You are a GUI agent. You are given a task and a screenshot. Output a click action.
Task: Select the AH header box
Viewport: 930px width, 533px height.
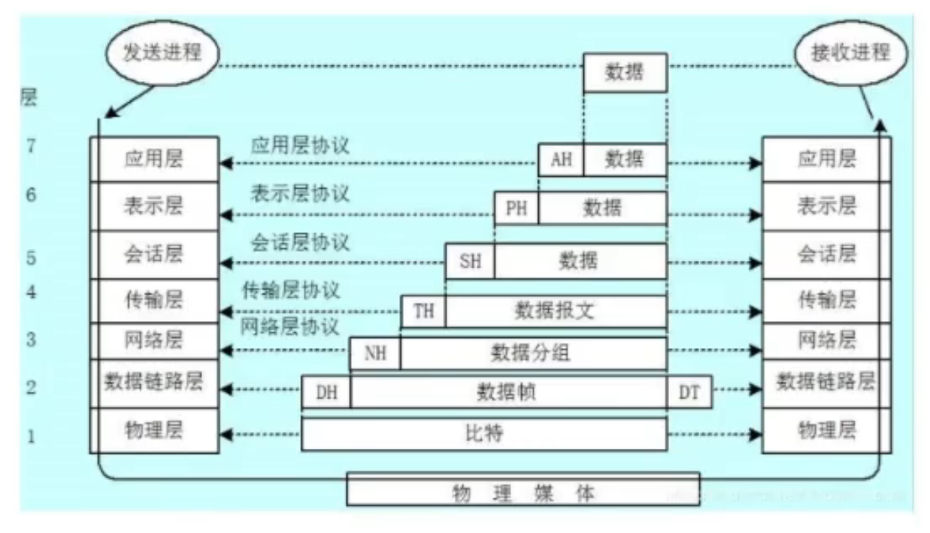pyautogui.click(x=561, y=159)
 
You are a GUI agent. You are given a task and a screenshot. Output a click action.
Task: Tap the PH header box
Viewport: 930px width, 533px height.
pyautogui.click(x=516, y=208)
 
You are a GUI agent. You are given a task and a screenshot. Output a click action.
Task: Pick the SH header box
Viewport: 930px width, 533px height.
pyautogui.click(x=469, y=261)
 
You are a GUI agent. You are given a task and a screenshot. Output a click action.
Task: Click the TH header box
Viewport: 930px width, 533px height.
pyautogui.click(x=423, y=311)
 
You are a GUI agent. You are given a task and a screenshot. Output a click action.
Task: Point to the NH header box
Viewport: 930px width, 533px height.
pyautogui.click(x=374, y=353)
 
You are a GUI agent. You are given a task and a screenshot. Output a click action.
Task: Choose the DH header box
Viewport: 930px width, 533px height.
pyautogui.click(x=326, y=392)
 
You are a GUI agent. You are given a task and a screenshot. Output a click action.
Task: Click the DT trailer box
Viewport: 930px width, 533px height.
pyautogui.click(x=689, y=392)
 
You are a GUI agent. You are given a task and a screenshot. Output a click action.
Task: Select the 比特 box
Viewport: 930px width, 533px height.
pyautogui.click(x=484, y=434)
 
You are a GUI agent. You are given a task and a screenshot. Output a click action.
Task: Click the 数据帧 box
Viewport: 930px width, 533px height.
pyautogui.click(x=508, y=392)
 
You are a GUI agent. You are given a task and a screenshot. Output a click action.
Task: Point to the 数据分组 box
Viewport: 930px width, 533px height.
pyautogui.click(x=532, y=353)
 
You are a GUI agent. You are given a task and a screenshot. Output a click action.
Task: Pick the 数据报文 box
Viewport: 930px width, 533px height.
pyautogui.click(x=555, y=311)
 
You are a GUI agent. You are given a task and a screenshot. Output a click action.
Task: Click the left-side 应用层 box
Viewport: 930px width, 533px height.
pyautogui.click(x=154, y=159)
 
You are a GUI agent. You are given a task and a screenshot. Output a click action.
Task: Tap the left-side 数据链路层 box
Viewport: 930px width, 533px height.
pyautogui.click(x=154, y=383)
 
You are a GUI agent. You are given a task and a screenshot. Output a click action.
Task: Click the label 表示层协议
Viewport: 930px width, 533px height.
pyautogui.click(x=299, y=193)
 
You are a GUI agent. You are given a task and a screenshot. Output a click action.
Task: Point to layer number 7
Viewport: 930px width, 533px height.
pyautogui.click(x=31, y=145)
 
